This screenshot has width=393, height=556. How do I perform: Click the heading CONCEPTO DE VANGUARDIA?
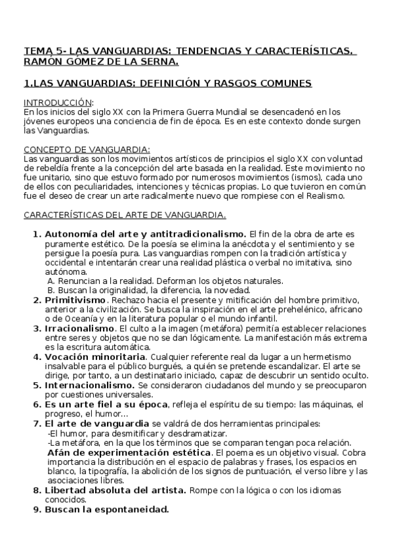click(87, 149)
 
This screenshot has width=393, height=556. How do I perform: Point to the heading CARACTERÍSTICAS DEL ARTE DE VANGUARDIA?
click(125, 215)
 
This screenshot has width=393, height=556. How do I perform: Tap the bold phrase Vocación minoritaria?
click(95, 357)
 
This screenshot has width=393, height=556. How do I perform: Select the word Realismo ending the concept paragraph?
click(321, 196)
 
